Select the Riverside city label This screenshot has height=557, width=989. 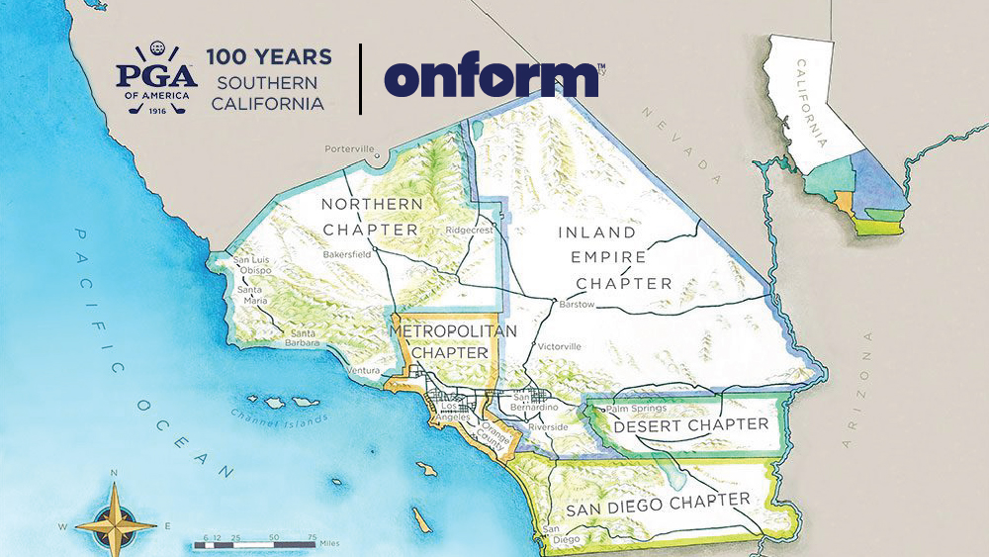(x=548, y=426)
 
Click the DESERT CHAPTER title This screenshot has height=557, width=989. (x=690, y=425)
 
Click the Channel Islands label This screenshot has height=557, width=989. (x=279, y=416)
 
